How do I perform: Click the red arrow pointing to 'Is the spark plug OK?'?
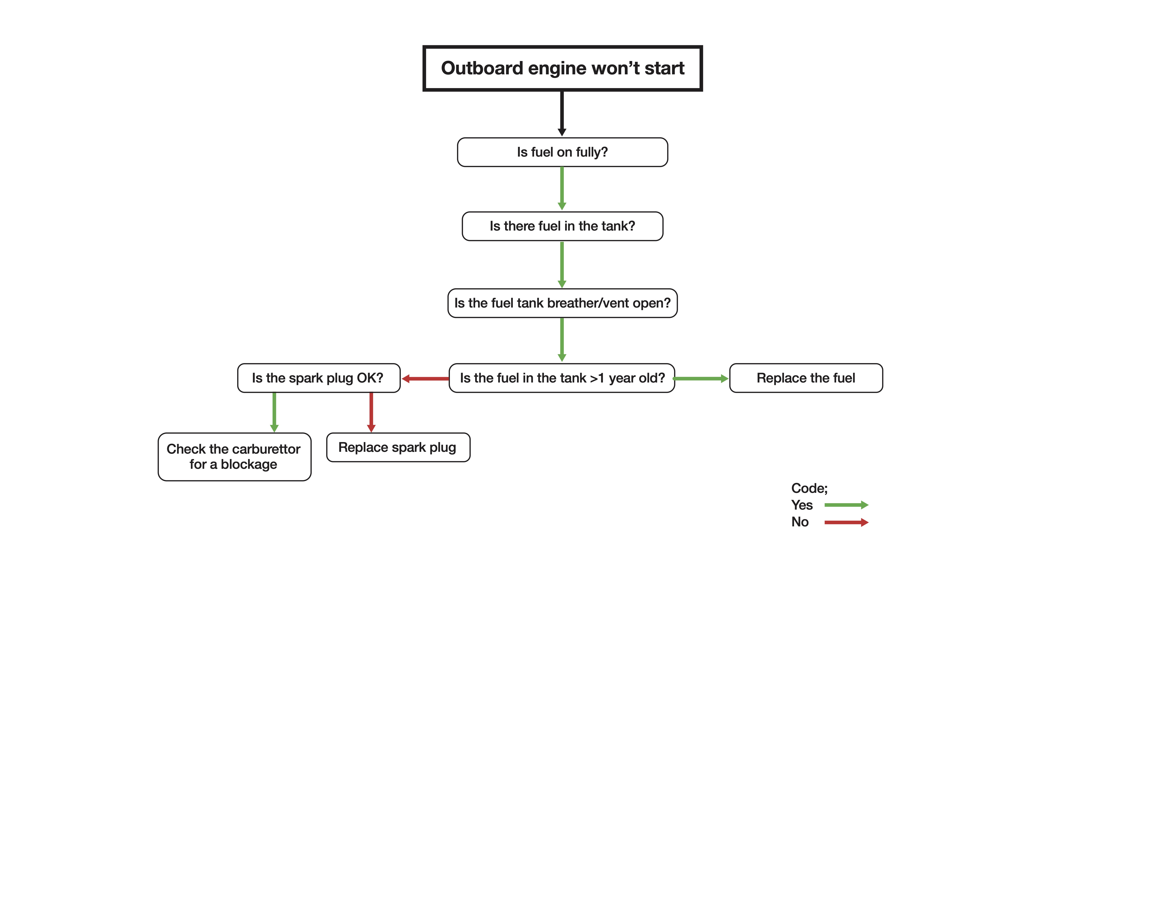(x=425, y=378)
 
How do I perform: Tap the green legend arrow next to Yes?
(x=846, y=505)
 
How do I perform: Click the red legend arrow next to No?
(x=846, y=522)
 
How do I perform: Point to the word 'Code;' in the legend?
(x=809, y=488)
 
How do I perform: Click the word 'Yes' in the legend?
(x=802, y=505)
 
